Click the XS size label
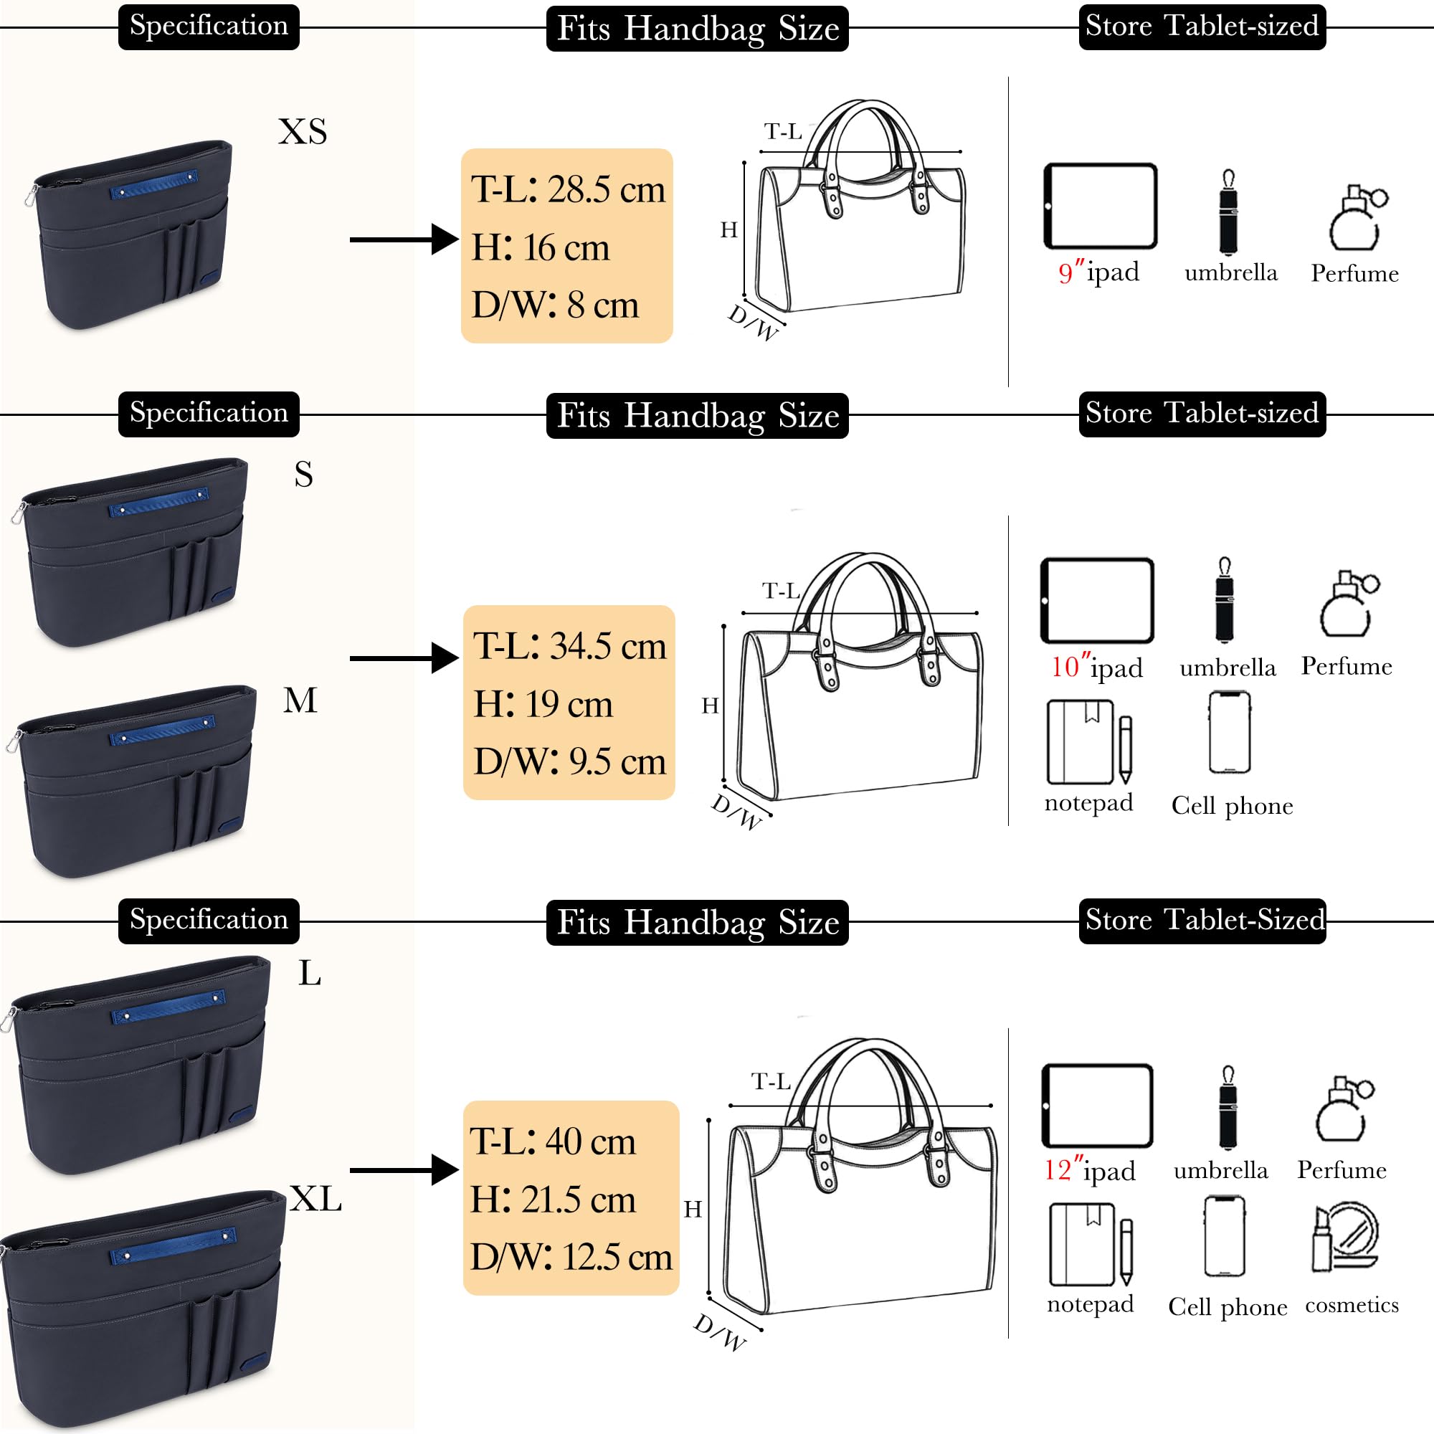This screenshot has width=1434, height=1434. [302, 132]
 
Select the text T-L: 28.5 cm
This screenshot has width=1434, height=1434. [568, 190]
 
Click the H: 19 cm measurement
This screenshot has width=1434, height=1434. [543, 703]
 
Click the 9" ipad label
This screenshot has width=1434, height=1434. [1098, 272]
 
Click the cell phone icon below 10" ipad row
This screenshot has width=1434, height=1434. [1229, 733]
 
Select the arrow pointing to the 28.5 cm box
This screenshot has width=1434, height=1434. [404, 239]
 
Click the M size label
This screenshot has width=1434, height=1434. [300, 700]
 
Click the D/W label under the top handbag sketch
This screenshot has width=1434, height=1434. [753, 321]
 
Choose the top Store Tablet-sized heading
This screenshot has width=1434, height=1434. [1202, 27]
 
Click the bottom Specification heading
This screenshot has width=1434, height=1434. [209, 920]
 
